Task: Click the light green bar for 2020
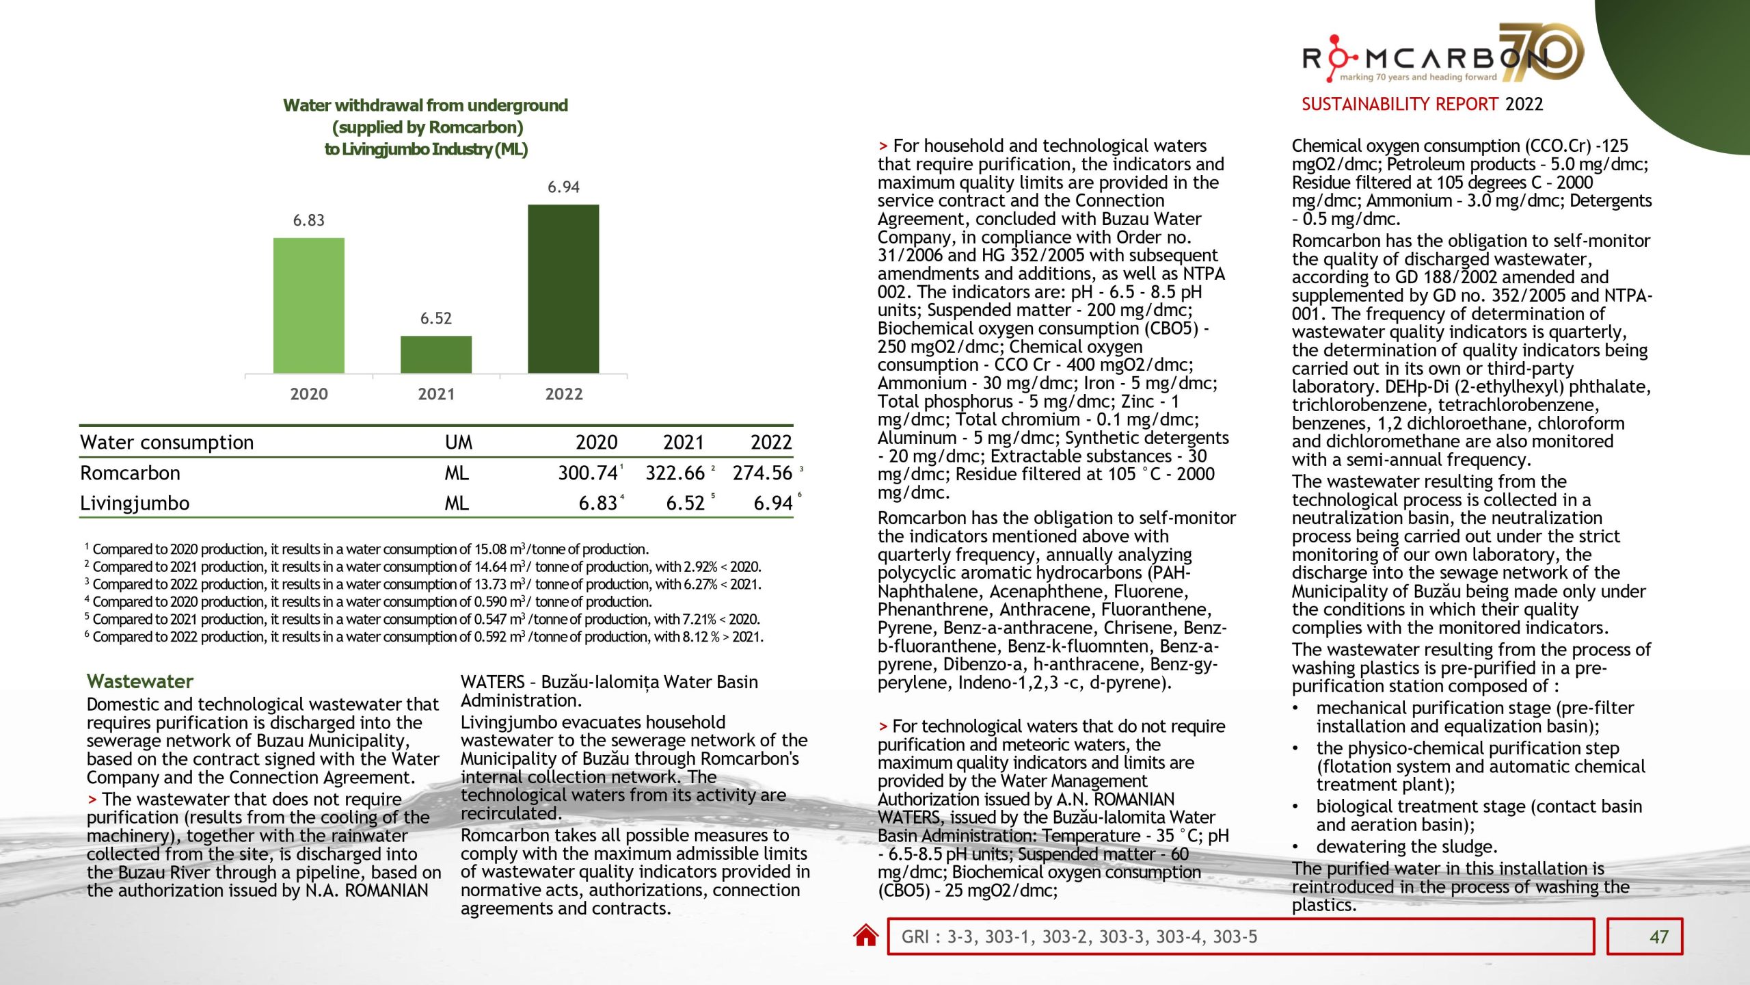308,305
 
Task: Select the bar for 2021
435,354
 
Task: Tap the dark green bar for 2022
563,289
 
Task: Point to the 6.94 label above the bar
563,187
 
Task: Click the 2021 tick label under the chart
435,394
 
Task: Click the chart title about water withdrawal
426,127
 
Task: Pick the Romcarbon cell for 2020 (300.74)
587,473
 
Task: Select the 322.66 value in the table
675,473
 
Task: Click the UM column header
458,443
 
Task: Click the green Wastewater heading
140,681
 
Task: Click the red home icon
865,935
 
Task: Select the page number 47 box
1644,936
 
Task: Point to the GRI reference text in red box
1079,936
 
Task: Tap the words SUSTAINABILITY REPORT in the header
1399,104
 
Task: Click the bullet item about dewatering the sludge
1406,847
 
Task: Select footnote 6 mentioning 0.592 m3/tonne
424,637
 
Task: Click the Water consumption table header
167,443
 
